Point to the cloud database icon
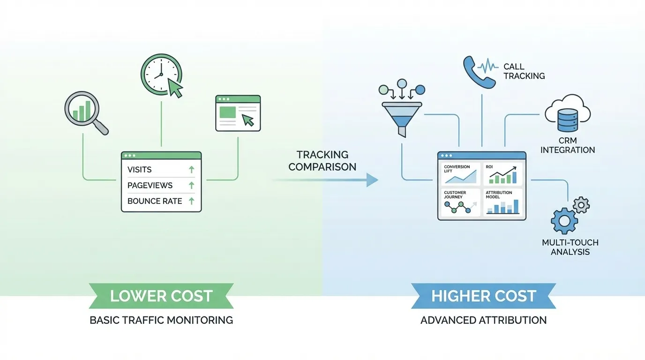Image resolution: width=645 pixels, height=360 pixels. (567, 113)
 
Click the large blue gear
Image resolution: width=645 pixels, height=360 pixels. (564, 221)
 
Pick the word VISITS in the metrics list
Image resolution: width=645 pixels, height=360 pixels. (140, 170)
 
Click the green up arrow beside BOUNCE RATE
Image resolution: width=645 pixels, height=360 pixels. (191, 201)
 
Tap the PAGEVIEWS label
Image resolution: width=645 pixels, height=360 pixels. (150, 186)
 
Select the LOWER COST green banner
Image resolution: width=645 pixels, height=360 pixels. (161, 296)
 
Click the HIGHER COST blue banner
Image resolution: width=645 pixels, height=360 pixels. (483, 296)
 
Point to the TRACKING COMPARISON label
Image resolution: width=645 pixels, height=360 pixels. (322, 160)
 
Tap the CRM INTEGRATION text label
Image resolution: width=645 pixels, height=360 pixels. (567, 145)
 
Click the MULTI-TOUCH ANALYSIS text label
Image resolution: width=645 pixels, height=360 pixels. (570, 247)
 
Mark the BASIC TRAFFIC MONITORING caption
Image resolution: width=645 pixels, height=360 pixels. (161, 320)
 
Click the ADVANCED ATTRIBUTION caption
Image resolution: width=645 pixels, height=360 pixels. (483, 320)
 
